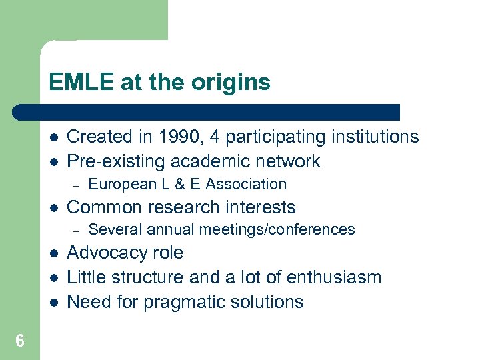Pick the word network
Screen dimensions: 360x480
285,161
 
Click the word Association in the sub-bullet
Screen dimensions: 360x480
247,184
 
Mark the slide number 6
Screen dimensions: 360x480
20,341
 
